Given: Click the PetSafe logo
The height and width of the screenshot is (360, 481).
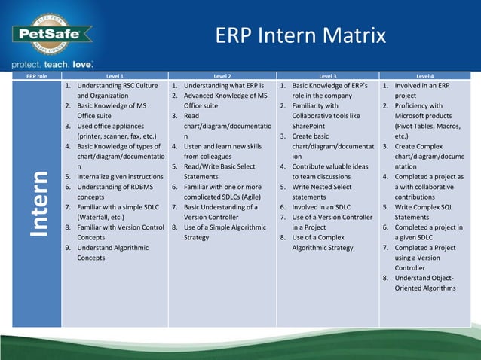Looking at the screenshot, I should tap(51, 35).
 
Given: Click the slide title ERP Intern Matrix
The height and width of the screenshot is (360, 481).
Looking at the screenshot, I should tap(300, 35).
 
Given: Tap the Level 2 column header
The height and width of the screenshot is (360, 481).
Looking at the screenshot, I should tap(222, 76).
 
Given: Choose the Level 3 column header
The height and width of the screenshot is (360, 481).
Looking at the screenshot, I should tap(327, 76).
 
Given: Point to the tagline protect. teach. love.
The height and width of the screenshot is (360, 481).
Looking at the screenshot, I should tap(52, 64).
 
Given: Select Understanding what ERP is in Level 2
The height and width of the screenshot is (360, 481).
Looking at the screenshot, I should tap(223, 86).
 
